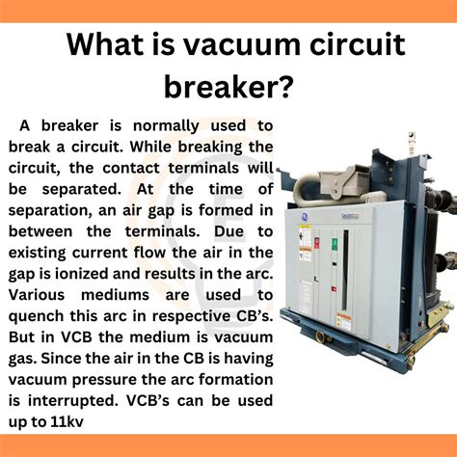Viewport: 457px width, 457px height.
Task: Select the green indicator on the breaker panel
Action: point(335,245)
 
